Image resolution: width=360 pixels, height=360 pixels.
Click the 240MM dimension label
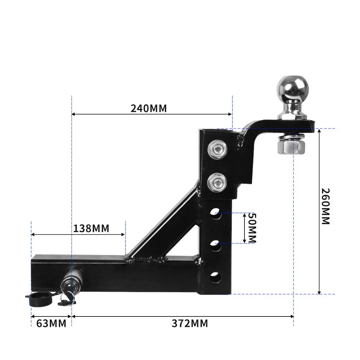[x=149, y=108]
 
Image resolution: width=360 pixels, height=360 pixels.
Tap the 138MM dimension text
[x=91, y=228]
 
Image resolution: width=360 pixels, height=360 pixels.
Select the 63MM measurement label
[x=51, y=323]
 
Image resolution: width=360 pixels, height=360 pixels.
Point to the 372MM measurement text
[x=190, y=323]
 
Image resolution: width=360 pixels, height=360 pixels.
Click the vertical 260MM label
[x=325, y=206]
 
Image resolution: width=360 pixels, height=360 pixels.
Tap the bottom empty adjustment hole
[x=217, y=277]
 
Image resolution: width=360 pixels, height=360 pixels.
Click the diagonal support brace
[x=162, y=225]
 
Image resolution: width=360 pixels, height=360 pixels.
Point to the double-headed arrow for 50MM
[x=244, y=228]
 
